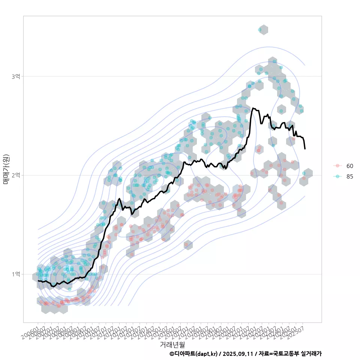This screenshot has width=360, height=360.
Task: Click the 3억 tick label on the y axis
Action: (16, 76)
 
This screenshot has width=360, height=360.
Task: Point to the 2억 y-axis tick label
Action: (16, 175)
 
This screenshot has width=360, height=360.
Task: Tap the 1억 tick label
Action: (16, 274)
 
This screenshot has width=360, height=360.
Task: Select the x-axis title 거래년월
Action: (172, 344)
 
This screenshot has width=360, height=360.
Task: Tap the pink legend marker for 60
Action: (337, 166)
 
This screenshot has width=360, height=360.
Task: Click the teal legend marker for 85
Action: (337, 177)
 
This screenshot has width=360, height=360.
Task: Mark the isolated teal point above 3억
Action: (260, 29)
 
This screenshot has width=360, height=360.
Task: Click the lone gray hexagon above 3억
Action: (264, 30)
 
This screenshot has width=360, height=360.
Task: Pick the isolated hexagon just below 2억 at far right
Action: (308, 174)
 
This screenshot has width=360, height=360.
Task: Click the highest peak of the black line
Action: (253, 108)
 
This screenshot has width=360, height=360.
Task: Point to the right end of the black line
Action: (305, 149)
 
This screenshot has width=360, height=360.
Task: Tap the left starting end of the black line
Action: (38, 280)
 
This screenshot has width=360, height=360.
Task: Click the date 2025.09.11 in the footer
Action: (237, 354)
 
